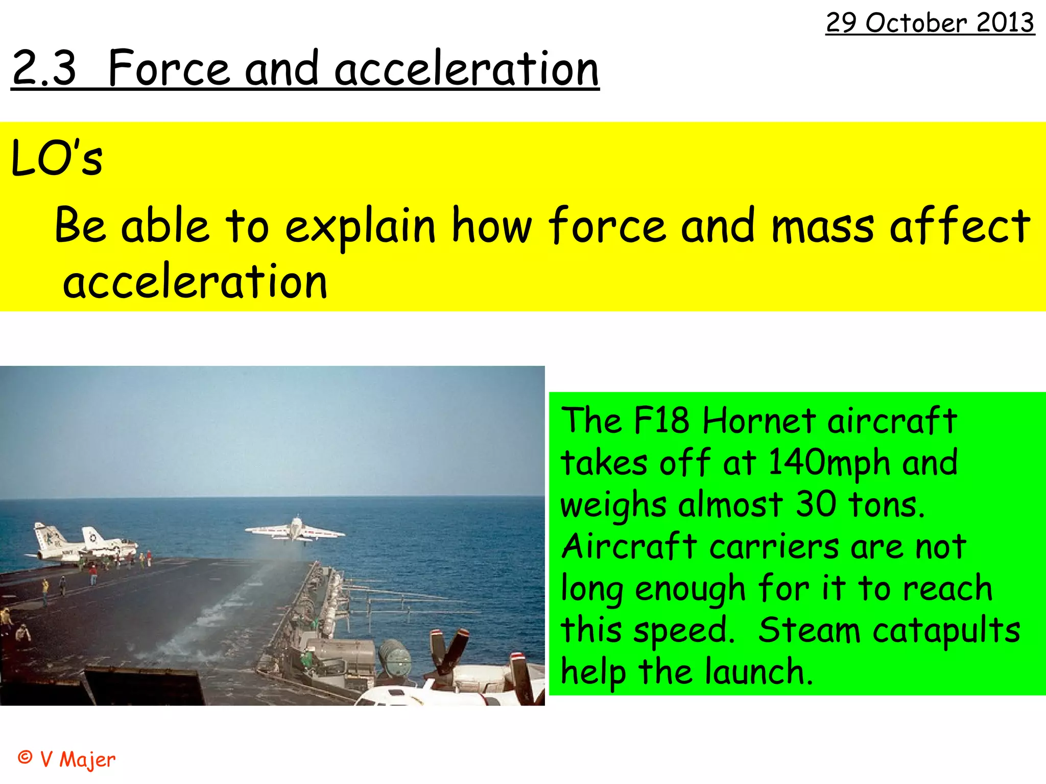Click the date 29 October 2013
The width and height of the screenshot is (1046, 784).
pos(930,23)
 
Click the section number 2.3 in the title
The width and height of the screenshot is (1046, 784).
pos(44,68)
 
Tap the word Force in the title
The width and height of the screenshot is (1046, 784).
pos(169,68)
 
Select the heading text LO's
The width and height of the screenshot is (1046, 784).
pos(57,159)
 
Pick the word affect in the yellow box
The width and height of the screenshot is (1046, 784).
pos(960,226)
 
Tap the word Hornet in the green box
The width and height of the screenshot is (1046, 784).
pos(759,422)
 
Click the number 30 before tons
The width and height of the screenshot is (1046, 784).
pos(815,504)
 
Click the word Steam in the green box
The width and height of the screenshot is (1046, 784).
pos(810,630)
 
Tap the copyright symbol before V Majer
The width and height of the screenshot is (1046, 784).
pos(25,757)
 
